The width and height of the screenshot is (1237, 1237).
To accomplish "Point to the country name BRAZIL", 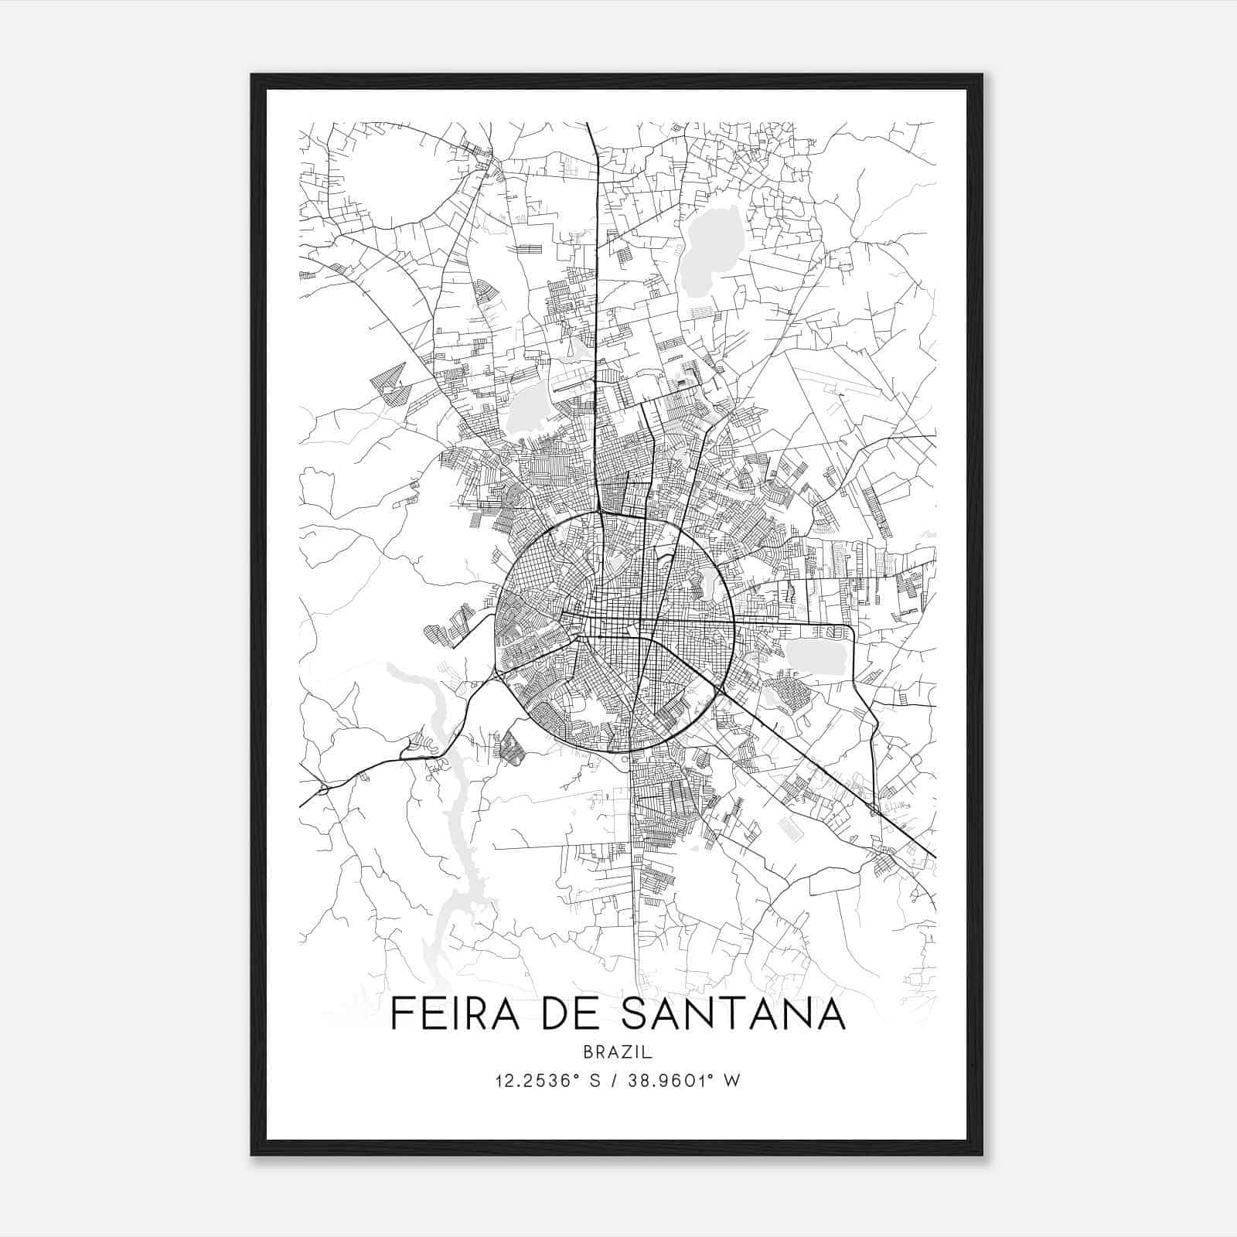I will click(x=618, y=1052).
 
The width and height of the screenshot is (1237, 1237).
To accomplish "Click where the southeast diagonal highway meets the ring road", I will click(x=719, y=690).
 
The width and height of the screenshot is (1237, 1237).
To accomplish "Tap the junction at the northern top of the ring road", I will click(x=601, y=512).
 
